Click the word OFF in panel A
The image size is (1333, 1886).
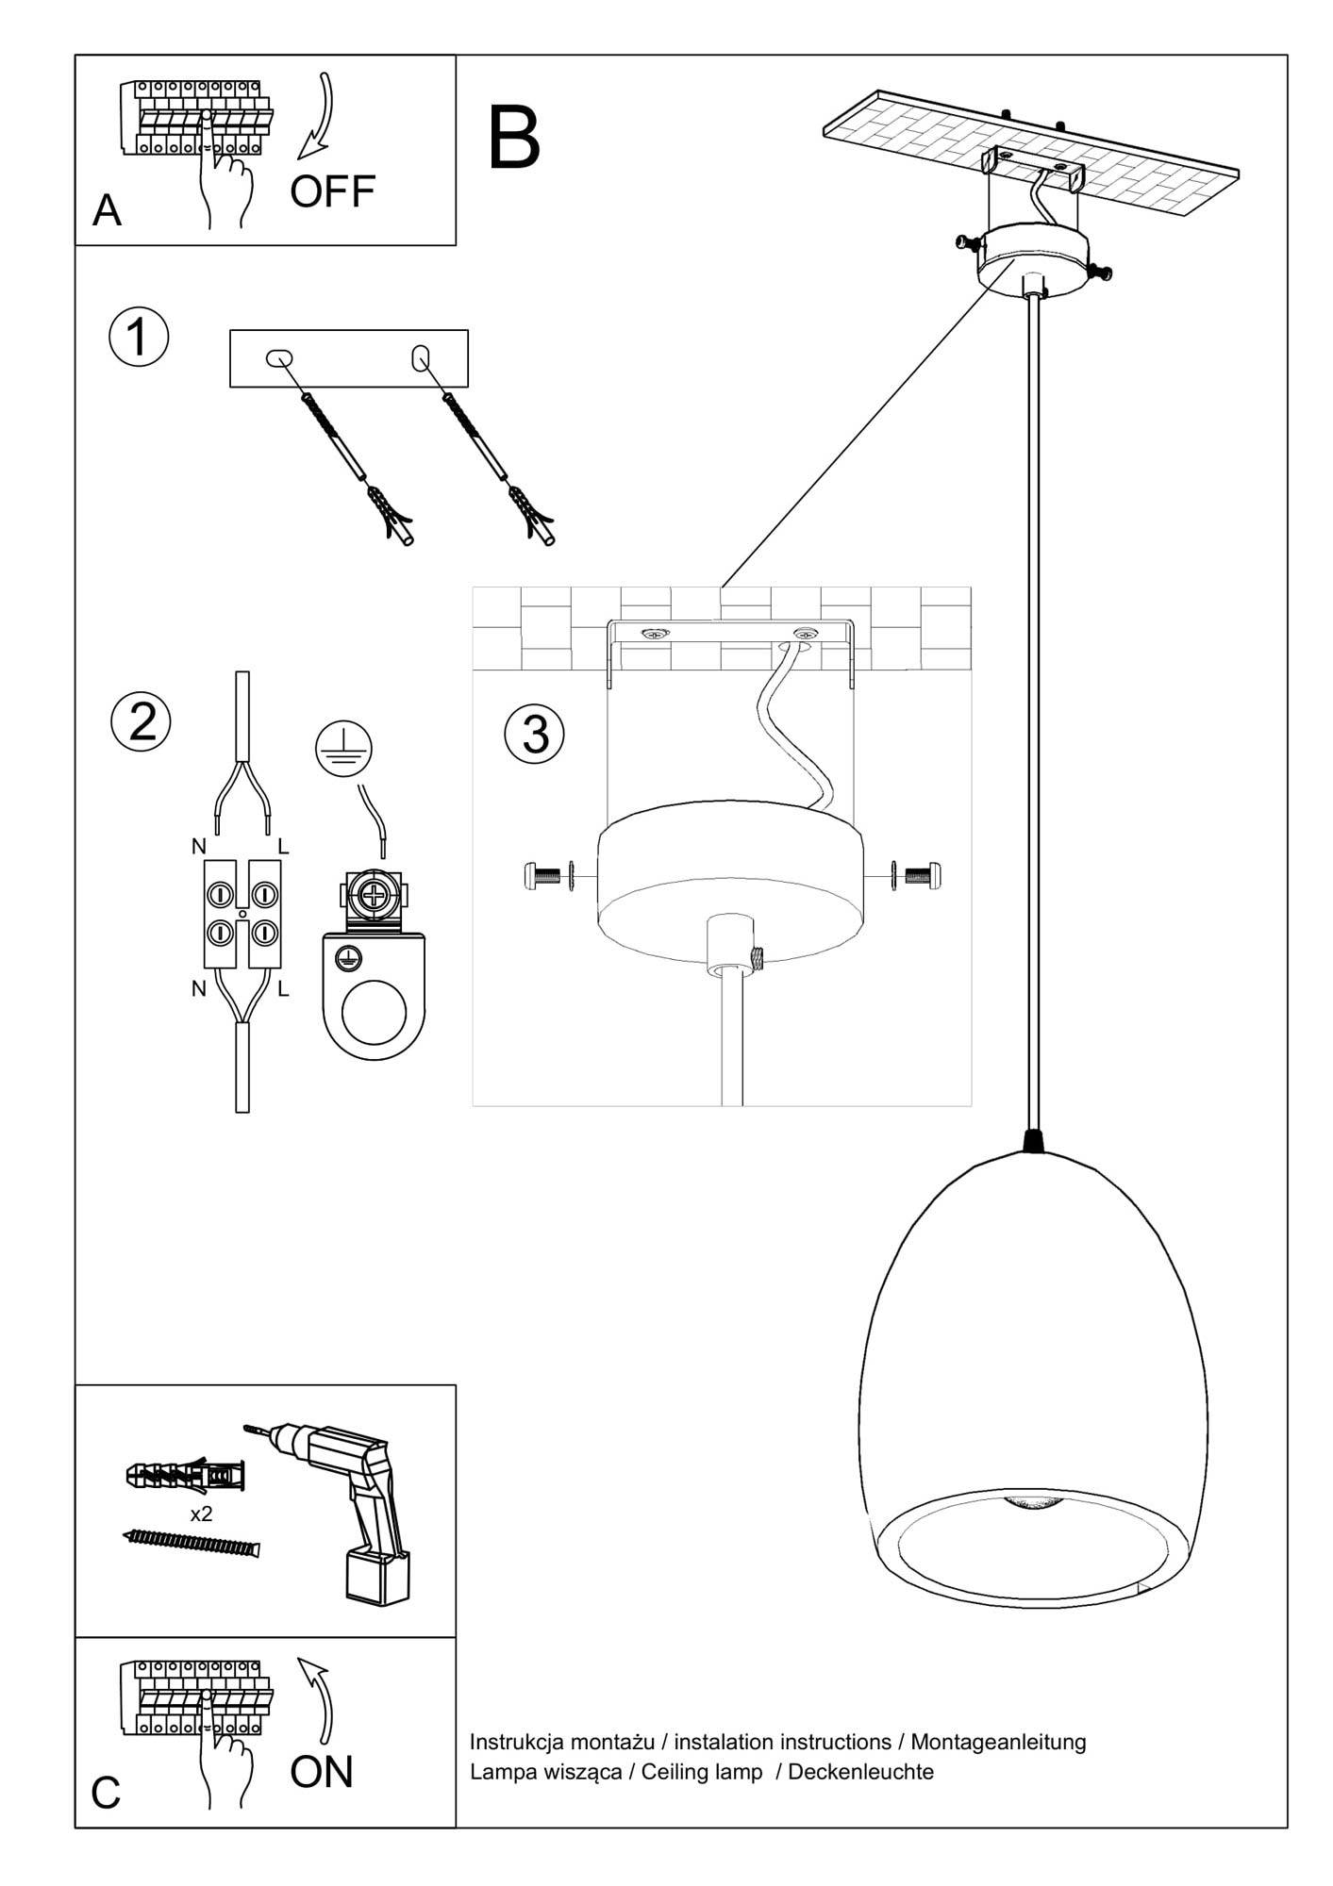(332, 192)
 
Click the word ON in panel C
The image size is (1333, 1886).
(322, 1772)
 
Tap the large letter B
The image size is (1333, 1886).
(514, 138)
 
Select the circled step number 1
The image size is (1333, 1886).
(139, 338)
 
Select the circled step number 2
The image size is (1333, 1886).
(142, 722)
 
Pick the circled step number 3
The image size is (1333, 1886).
(535, 735)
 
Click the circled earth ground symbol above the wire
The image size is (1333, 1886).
(343, 749)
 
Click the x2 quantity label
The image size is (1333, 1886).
(201, 1514)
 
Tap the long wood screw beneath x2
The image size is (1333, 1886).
(192, 1543)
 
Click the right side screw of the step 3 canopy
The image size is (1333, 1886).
(923, 876)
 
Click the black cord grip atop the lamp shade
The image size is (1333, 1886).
(1035, 1141)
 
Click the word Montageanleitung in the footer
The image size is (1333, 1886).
(998, 1742)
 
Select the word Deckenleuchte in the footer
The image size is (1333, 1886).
(860, 1772)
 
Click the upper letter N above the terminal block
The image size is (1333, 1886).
(198, 847)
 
